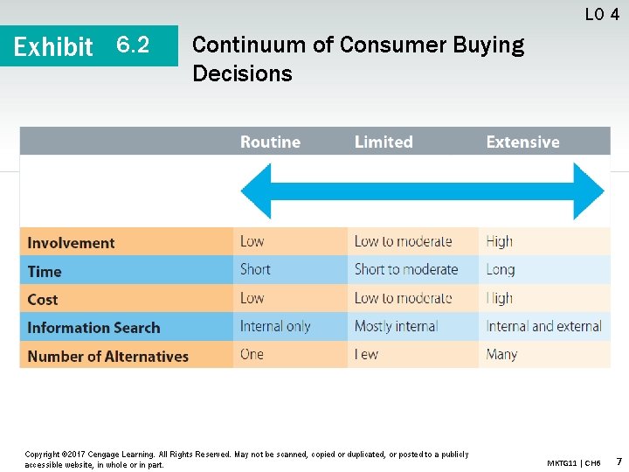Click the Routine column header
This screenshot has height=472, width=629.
270,142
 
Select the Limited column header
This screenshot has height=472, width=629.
383,142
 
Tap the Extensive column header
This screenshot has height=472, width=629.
522,142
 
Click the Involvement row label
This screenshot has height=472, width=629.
71,243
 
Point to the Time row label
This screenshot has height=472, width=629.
45,271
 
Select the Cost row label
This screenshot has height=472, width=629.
43,300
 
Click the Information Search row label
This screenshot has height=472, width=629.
93,328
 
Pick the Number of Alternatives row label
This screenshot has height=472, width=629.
107,357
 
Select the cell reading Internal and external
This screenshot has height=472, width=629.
543,326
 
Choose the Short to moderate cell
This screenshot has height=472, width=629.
406,269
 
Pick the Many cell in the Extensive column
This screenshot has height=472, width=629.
501,354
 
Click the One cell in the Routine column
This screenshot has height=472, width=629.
252,354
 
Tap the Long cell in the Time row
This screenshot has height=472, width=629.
501,269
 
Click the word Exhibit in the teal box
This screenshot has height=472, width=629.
53,46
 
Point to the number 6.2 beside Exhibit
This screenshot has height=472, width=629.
133,45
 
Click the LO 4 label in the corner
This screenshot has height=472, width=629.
602,14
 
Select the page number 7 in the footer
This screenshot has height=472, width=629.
619,461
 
